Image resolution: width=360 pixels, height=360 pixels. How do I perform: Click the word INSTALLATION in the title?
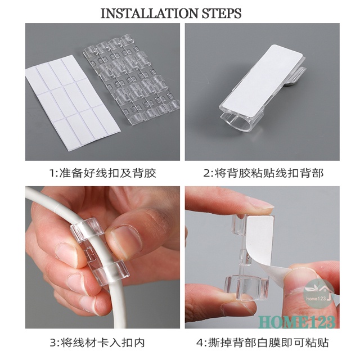(149, 13)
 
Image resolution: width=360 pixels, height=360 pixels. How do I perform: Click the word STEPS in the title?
(221, 13)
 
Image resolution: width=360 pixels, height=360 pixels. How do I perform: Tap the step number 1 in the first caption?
(52, 173)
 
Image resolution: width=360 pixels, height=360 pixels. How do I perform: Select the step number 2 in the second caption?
(206, 173)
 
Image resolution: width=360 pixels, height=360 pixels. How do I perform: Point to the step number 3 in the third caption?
(53, 343)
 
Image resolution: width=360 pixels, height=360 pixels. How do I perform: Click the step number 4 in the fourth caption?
(200, 343)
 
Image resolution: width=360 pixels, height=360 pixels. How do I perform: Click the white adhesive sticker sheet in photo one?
(73, 101)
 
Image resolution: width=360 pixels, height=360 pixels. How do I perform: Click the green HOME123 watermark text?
(296, 322)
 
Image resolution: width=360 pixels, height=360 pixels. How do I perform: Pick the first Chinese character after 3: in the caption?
(66, 343)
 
